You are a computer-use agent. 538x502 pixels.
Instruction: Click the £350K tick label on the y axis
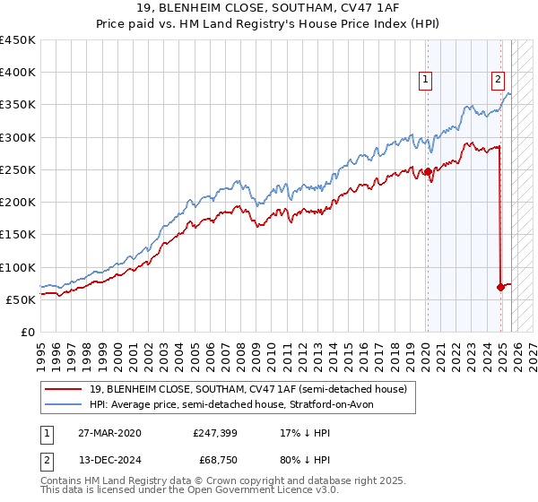pyautogui.click(x=18, y=105)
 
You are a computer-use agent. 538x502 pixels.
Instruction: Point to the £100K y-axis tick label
pyautogui.click(x=18, y=267)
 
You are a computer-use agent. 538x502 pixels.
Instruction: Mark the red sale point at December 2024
pyautogui.click(x=500, y=287)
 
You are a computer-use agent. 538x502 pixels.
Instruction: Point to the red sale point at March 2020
pyautogui.click(x=428, y=171)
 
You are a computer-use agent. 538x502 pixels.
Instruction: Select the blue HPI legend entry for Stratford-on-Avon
pyautogui.click(x=238, y=404)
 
